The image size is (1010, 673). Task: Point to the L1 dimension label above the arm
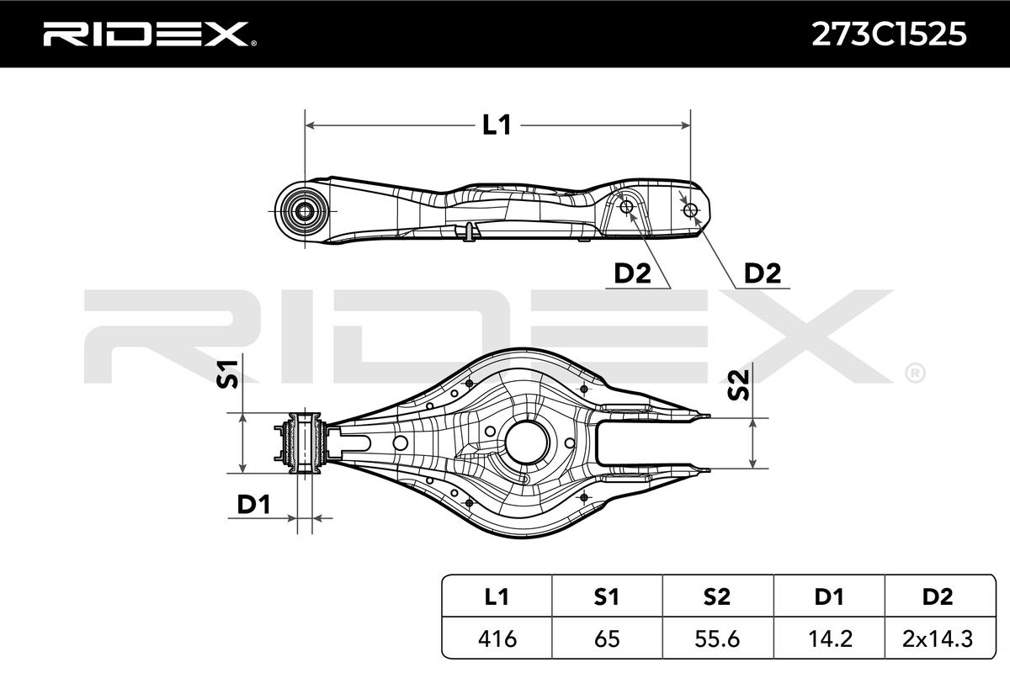coord(497,125)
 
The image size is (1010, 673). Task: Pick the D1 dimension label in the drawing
coord(252,505)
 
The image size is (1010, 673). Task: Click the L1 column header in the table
coord(497,597)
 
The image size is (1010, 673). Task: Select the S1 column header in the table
coord(607,597)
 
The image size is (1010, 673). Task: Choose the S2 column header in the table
coord(717,597)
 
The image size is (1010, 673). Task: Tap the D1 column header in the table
coord(828,597)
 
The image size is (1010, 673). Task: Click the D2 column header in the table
coord(938,597)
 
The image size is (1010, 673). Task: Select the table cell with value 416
coord(497,639)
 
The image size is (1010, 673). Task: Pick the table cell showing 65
coord(607,639)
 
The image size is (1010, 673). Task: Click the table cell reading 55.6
coord(717,639)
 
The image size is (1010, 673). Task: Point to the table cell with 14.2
coord(828,639)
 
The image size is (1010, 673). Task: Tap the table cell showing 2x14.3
coord(938,639)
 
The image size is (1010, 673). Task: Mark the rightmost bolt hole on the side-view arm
coord(691,209)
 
